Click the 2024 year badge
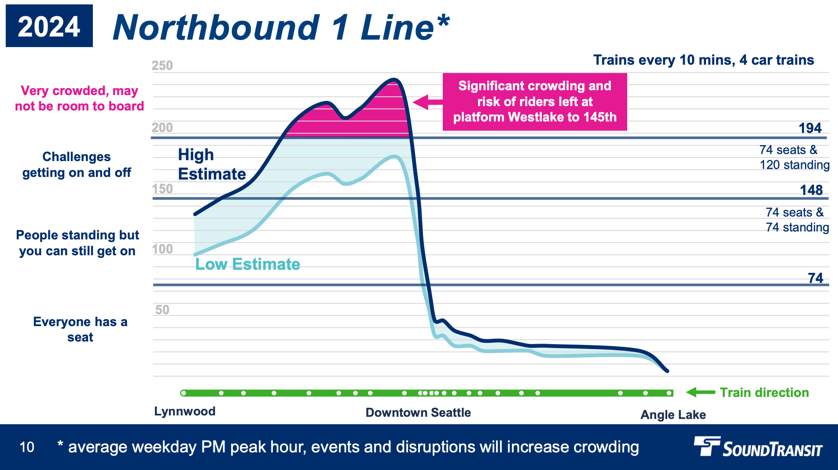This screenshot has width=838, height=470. pyautogui.click(x=49, y=26)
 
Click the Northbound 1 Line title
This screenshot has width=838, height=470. pyautogui.click(x=281, y=27)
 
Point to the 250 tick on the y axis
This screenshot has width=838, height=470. pyautogui.click(x=162, y=66)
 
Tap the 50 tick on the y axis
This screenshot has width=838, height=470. pyautogui.click(x=162, y=310)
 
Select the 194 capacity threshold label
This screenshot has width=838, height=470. pyautogui.click(x=810, y=128)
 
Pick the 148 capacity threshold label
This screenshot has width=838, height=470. pyautogui.click(x=811, y=190)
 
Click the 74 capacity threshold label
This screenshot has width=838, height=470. pyautogui.click(x=815, y=278)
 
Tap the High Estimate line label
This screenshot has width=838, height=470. pyautogui.click(x=212, y=165)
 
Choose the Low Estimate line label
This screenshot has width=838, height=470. pyautogui.click(x=248, y=264)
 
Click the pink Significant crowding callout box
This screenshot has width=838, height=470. pyautogui.click(x=535, y=102)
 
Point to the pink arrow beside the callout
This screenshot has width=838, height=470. pyautogui.click(x=427, y=102)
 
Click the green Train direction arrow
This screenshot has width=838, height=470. pyautogui.click(x=700, y=392)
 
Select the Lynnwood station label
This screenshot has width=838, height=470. pyautogui.click(x=185, y=411)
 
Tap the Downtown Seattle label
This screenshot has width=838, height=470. pyautogui.click(x=418, y=413)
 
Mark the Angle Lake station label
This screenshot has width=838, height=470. pyautogui.click(x=673, y=415)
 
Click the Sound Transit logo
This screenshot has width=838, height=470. pyautogui.click(x=758, y=447)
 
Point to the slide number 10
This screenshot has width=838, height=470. pyautogui.click(x=27, y=447)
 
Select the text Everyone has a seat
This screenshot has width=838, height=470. pyautogui.click(x=80, y=329)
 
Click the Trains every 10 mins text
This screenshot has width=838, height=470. pyautogui.click(x=703, y=60)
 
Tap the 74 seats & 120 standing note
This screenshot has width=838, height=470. pyautogui.click(x=794, y=157)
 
